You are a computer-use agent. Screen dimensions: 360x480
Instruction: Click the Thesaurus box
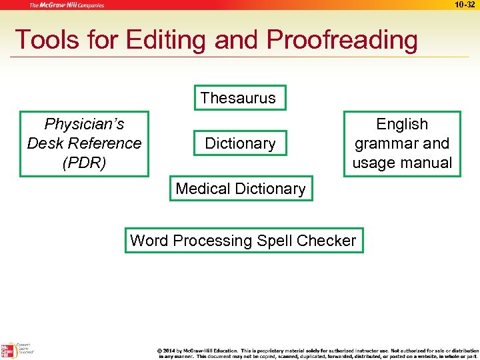238,98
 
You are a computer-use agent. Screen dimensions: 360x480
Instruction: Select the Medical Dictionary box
240,189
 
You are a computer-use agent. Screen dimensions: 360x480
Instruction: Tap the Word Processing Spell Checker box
243,241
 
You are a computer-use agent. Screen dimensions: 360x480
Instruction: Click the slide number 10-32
465,5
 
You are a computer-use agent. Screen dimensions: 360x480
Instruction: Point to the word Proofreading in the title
342,40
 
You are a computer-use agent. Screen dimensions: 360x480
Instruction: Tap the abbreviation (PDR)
84,163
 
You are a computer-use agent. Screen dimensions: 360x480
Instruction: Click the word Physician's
84,124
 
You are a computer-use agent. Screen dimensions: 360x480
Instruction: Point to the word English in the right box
402,124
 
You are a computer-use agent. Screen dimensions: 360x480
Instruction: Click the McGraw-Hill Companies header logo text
66,5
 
